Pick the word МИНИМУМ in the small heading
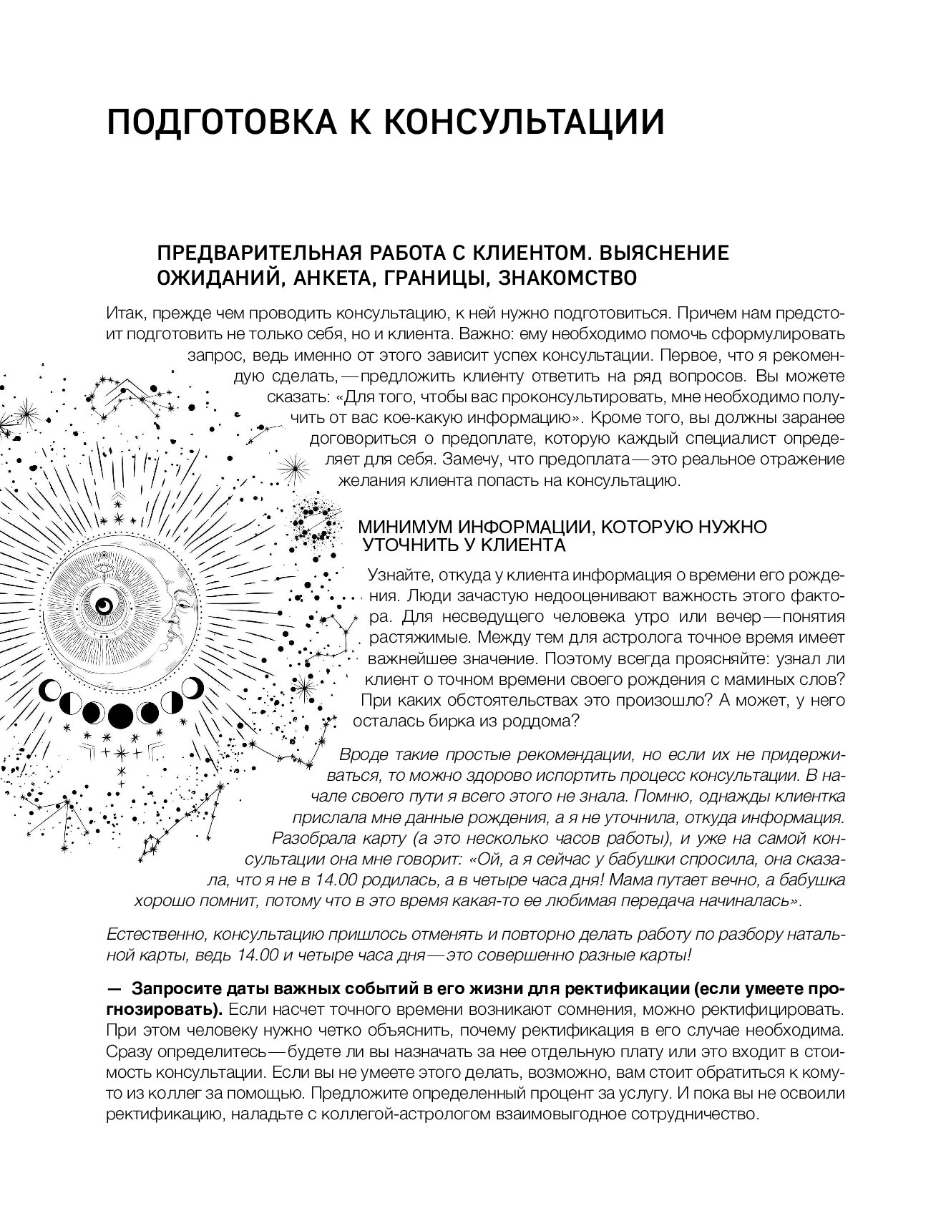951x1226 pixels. [x=406, y=527]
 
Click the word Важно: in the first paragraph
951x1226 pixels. [x=487, y=334]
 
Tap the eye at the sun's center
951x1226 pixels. [x=105, y=605]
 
